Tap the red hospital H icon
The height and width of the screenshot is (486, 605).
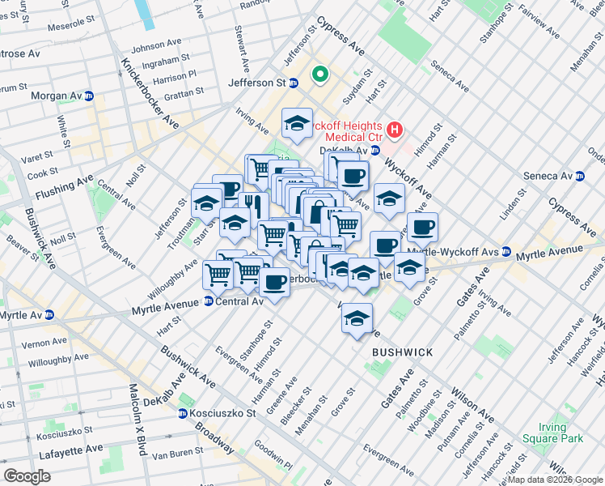tap(395, 129)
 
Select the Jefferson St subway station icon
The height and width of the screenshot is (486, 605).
tap(294, 83)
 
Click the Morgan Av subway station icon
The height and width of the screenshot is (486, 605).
tap(89, 96)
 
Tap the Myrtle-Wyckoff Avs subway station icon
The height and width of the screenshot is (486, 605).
tap(506, 251)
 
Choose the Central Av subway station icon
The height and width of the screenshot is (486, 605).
tap(209, 301)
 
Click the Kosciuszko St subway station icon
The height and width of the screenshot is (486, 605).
tap(184, 413)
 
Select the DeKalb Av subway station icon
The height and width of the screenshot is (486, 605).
tap(375, 150)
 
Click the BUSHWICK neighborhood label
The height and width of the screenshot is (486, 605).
tap(403, 353)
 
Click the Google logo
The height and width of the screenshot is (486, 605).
tap(27, 476)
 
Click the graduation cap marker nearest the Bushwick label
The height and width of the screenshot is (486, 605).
tap(357, 319)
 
